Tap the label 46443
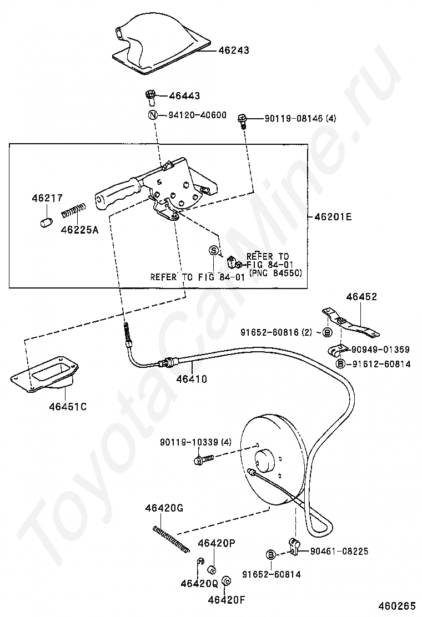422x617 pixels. click(184, 96)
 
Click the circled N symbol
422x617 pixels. click(153, 115)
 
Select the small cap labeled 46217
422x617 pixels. click(44, 222)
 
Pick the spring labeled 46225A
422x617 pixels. click(73, 211)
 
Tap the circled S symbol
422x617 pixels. click(213, 251)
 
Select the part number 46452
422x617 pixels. click(361, 297)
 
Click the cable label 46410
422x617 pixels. click(192, 380)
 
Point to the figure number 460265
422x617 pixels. click(398, 606)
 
